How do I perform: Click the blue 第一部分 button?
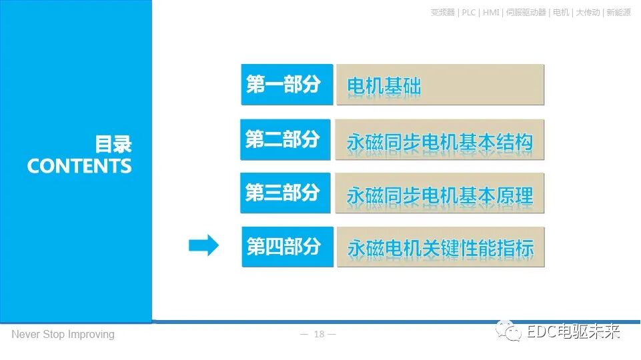pyautogui.click(x=287, y=85)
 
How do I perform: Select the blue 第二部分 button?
pyautogui.click(x=285, y=140)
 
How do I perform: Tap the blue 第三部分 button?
pyautogui.click(x=285, y=193)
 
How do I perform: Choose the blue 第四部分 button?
pyautogui.click(x=287, y=247)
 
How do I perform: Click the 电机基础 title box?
pyautogui.click(x=440, y=85)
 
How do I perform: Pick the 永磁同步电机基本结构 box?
pyautogui.click(x=440, y=141)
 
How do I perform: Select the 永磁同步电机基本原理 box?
pyautogui.click(x=440, y=194)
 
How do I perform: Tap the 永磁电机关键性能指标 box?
pyautogui.click(x=440, y=248)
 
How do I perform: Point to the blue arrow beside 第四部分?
pyautogui.click(x=203, y=246)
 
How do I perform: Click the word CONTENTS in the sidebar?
pyautogui.click(x=79, y=166)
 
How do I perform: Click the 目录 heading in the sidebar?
pyautogui.click(x=113, y=144)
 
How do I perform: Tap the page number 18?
pyautogui.click(x=319, y=334)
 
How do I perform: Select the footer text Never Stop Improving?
pyautogui.click(x=63, y=334)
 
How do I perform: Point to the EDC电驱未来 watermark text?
pyautogui.click(x=573, y=332)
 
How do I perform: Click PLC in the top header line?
pyautogui.click(x=469, y=13)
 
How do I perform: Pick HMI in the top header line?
pyautogui.click(x=491, y=13)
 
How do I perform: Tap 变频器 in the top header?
pyautogui.click(x=443, y=13)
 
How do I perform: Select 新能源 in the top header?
pyautogui.click(x=618, y=13)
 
